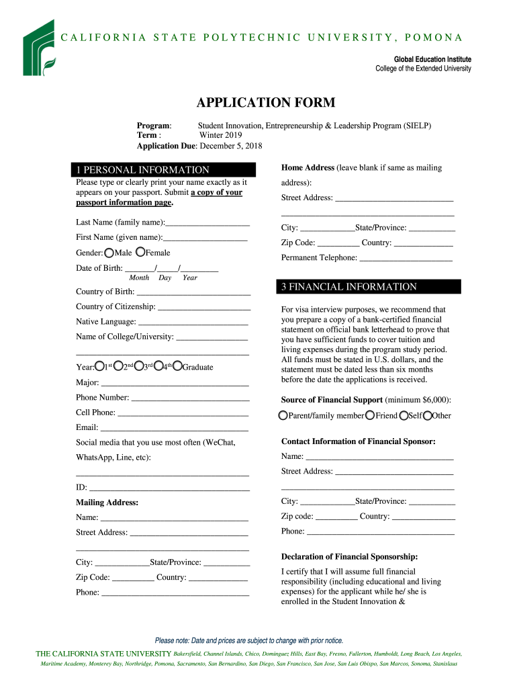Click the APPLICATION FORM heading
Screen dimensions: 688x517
point(265,103)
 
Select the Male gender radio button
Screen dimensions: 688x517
point(109,253)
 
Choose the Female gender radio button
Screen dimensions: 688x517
point(140,252)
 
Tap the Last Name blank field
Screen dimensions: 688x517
point(207,222)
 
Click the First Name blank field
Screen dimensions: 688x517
point(205,238)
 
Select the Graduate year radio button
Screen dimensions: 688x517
point(177,367)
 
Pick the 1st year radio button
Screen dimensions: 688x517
point(99,367)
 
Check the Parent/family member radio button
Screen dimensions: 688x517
point(283,416)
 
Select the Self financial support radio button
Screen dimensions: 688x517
point(404,416)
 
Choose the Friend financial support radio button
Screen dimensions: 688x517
point(370,416)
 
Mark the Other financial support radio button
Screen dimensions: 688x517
point(428,416)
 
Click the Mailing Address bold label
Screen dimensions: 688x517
point(107,503)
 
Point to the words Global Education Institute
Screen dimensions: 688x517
point(432,59)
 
